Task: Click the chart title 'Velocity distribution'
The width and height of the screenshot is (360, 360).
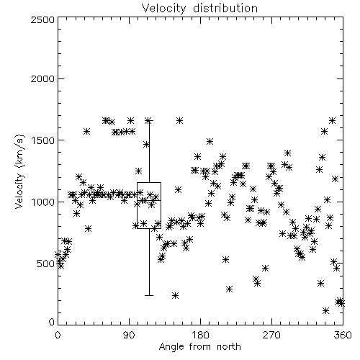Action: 199,9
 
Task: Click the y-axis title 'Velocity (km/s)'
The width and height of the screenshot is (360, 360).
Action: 20,171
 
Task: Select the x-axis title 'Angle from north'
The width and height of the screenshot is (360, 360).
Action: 199,347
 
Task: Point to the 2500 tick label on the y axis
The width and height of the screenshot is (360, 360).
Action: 42,19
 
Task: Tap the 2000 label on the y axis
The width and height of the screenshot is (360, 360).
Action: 42,78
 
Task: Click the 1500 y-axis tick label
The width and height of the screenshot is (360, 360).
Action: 43,140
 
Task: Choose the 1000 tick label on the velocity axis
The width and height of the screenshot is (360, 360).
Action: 43,202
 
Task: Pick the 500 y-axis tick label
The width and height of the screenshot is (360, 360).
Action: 46,264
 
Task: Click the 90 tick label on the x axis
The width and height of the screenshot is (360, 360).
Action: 129,335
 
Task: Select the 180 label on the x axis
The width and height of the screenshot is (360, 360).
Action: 200,335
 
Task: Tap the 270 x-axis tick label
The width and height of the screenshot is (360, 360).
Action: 271,335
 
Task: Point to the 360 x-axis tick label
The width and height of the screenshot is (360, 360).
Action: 343,335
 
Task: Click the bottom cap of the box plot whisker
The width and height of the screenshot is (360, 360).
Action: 149,295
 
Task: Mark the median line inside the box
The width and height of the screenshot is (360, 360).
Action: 149,200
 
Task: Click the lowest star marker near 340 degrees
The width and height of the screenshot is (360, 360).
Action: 325,311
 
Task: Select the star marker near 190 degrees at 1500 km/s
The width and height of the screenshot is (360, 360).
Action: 210,141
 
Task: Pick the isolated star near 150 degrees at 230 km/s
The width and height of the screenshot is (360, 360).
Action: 176,295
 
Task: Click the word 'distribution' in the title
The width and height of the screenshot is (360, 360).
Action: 225,9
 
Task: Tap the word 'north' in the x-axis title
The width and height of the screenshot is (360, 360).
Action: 229,347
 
